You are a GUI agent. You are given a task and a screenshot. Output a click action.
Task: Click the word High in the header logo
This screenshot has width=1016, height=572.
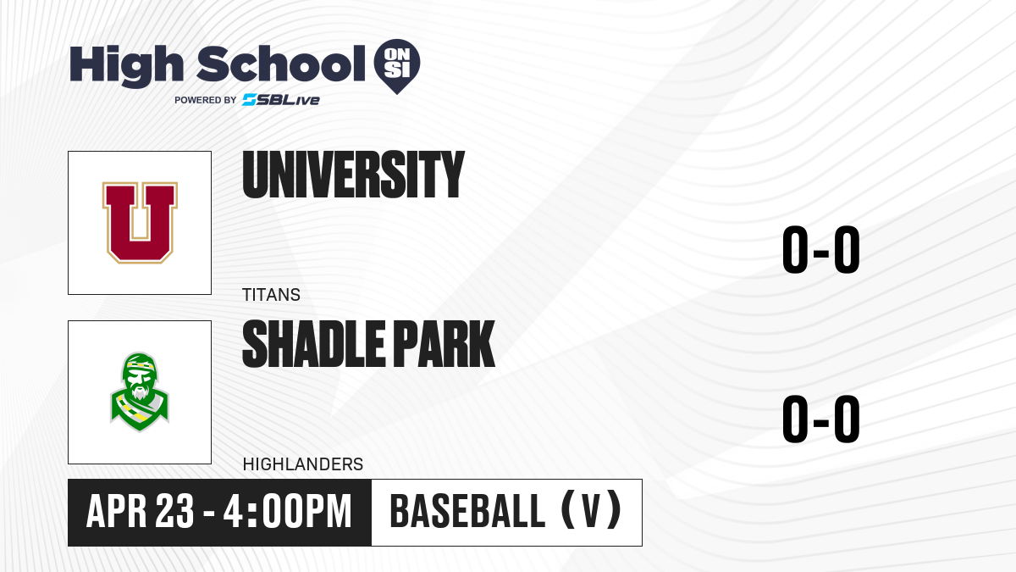126,66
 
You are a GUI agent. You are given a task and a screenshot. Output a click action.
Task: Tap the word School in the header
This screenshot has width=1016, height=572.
281,64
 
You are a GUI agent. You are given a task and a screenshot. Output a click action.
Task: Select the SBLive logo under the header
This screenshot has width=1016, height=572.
281,100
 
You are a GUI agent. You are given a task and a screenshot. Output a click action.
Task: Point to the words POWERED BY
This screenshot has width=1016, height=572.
206,100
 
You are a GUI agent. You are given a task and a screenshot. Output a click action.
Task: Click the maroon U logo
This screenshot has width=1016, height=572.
140,222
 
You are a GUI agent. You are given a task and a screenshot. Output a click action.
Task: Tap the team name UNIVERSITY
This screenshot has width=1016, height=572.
353,175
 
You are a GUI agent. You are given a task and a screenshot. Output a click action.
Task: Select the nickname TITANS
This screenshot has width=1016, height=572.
271,295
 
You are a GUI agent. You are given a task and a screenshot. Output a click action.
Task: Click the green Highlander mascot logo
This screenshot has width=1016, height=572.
140,392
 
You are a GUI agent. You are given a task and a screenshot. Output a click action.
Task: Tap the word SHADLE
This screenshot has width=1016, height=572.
313,344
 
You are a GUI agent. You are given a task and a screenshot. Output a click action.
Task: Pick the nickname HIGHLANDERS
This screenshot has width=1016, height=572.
303,464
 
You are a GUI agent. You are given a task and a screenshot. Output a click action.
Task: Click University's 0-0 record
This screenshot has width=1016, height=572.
821,250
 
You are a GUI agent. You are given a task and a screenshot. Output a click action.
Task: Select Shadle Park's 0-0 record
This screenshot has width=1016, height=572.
821,419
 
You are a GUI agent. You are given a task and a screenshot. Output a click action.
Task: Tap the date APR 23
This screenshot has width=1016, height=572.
141,512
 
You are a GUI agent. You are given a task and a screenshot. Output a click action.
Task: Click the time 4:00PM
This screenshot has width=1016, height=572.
288,512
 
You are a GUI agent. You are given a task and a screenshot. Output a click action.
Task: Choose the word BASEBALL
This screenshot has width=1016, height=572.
467,512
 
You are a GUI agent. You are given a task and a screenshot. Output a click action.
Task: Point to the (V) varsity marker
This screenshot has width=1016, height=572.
592,510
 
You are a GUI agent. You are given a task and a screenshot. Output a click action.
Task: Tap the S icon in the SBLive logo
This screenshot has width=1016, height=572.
250,100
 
